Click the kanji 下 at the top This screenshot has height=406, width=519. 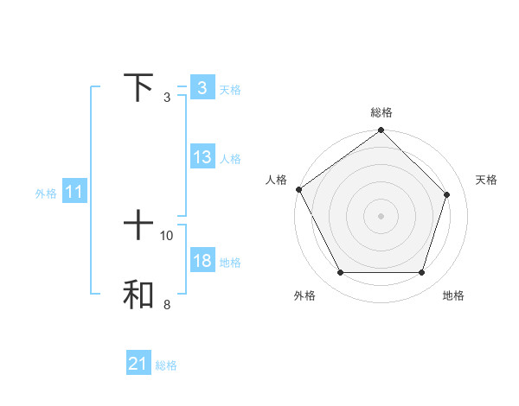click(x=138, y=86)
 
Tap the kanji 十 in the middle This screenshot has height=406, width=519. click(x=138, y=225)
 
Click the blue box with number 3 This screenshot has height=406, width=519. click(x=202, y=88)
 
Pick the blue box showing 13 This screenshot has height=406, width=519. click(x=202, y=157)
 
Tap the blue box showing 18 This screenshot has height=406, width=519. click(x=202, y=261)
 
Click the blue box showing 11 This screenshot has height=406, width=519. click(x=74, y=193)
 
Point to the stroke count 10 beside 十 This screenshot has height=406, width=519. click(x=167, y=235)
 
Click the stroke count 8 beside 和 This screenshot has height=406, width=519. click(x=167, y=304)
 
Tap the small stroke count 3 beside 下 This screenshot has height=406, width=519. click(x=167, y=97)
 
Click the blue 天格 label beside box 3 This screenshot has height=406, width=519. click(x=230, y=89)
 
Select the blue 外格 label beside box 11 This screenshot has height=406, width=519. click(x=46, y=193)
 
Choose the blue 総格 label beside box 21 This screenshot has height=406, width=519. click(x=166, y=365)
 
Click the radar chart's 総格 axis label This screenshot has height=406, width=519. click(x=381, y=112)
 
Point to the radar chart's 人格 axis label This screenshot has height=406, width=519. click(x=276, y=180)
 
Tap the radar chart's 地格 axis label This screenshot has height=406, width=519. click(x=453, y=295)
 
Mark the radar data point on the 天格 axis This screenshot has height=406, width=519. click(x=447, y=194)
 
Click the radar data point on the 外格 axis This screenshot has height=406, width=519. click(x=340, y=273)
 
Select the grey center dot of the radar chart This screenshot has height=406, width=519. click(x=381, y=215)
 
